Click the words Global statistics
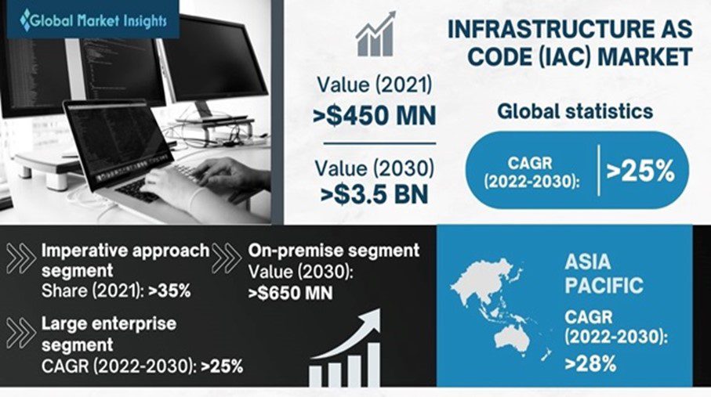(x=575, y=111)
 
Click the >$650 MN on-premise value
(x=291, y=294)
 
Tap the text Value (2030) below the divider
(x=373, y=167)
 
